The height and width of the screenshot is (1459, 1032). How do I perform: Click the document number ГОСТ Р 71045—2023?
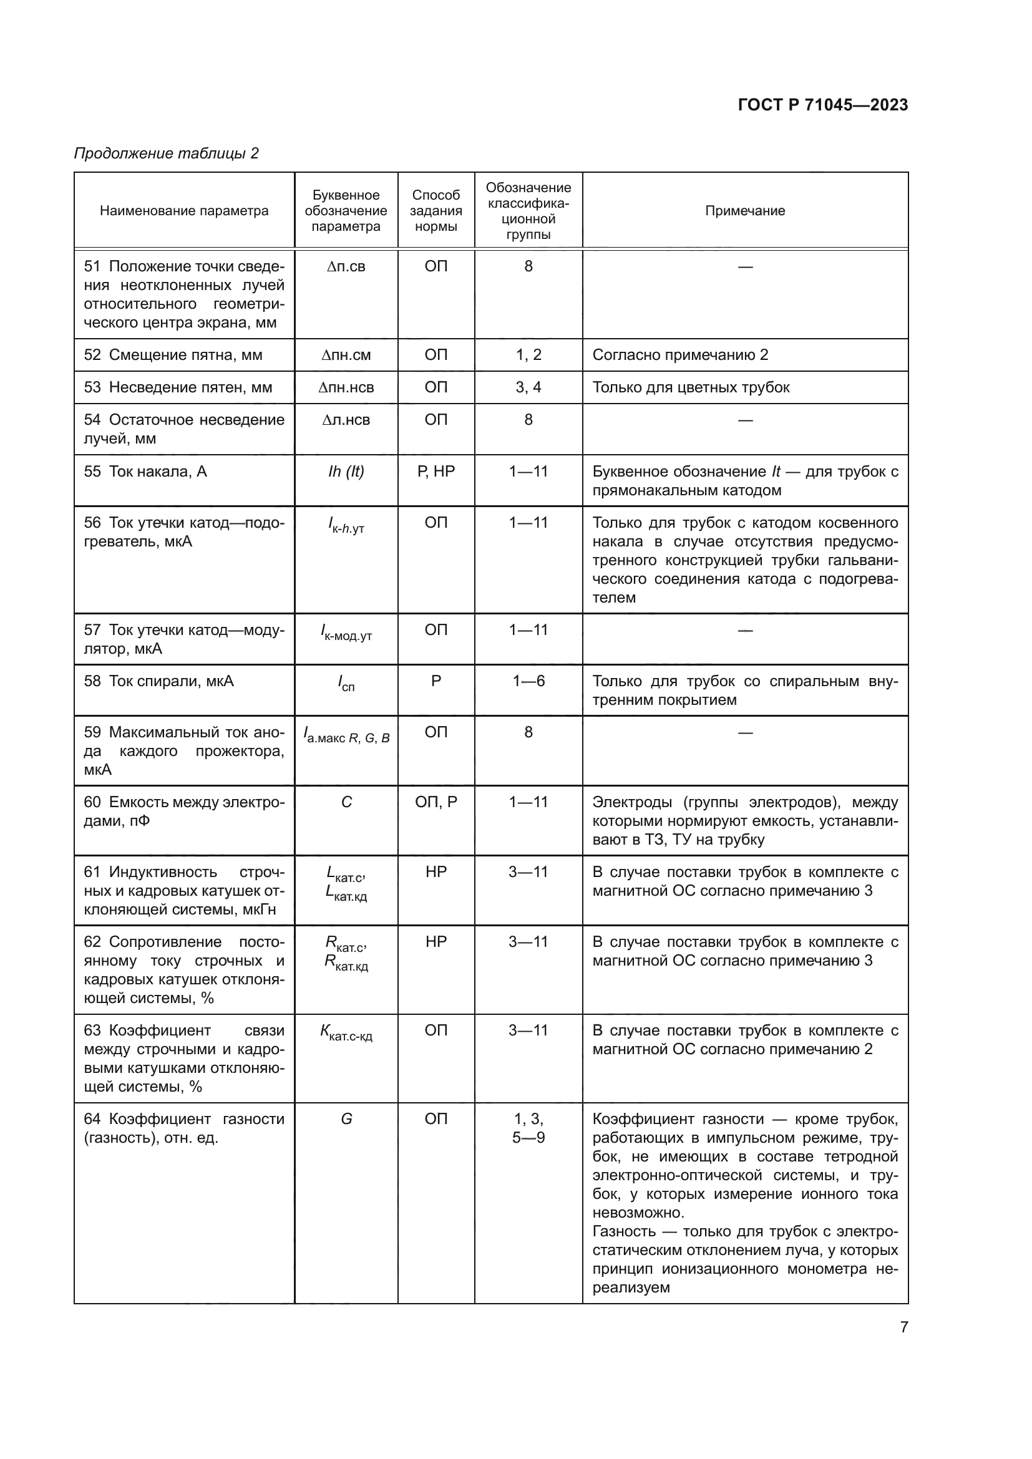[x=822, y=105]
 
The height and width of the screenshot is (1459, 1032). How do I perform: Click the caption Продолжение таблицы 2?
[x=167, y=153]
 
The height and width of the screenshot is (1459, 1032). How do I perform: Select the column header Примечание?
[x=745, y=211]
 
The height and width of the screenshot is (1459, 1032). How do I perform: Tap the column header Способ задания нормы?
[x=436, y=211]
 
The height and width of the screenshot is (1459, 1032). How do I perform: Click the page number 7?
[x=903, y=1327]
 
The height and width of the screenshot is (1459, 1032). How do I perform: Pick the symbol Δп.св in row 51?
[x=346, y=266]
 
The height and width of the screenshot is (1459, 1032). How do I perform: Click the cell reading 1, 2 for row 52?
[x=528, y=354]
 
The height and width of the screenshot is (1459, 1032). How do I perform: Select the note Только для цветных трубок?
[x=691, y=387]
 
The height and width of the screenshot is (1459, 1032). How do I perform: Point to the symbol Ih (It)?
[x=346, y=472]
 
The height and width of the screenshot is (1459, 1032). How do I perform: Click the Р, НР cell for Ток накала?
[x=436, y=472]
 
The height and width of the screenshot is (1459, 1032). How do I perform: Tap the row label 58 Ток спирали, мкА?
[x=159, y=681]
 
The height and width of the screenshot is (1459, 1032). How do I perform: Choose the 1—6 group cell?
[x=528, y=681]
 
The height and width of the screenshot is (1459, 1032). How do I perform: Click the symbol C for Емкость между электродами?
[x=346, y=802]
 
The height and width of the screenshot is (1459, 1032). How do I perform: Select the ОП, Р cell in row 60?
[x=436, y=802]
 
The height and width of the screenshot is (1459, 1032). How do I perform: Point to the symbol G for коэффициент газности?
[x=346, y=1118]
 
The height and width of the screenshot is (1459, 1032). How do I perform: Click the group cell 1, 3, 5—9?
[x=528, y=1128]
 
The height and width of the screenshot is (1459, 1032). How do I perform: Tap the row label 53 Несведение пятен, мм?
[x=178, y=387]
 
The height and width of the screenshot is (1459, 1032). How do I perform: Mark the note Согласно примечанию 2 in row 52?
[x=680, y=354]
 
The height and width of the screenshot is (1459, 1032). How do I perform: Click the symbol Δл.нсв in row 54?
[x=346, y=419]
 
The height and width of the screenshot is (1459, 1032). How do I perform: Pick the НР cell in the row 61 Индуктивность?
[x=436, y=872]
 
